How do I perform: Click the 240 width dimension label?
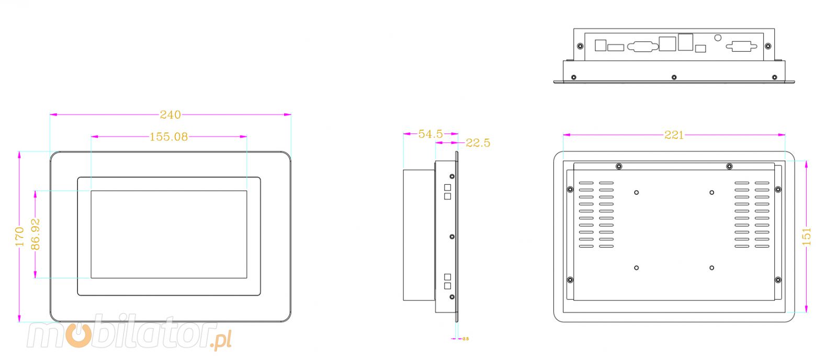click(x=170, y=115)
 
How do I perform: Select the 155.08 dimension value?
click(x=168, y=137)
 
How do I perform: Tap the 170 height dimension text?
click(x=19, y=237)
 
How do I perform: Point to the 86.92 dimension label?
click(x=36, y=234)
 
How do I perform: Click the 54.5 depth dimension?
click(x=430, y=134)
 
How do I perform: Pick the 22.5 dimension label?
click(x=478, y=143)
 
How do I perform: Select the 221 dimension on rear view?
click(x=674, y=135)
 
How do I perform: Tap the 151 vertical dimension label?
click(x=806, y=237)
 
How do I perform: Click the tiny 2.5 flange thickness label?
click(x=466, y=339)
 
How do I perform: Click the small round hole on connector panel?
click(x=718, y=38)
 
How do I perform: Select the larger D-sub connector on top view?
click(x=642, y=47)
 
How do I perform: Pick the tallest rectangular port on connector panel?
click(x=685, y=42)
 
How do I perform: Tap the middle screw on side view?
click(x=452, y=237)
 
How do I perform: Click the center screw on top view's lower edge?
click(x=674, y=77)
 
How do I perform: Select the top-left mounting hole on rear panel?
click(x=636, y=193)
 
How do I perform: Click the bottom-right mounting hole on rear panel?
click(x=711, y=268)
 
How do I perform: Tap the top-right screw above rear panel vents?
click(x=729, y=166)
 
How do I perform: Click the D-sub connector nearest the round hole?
click(x=741, y=47)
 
